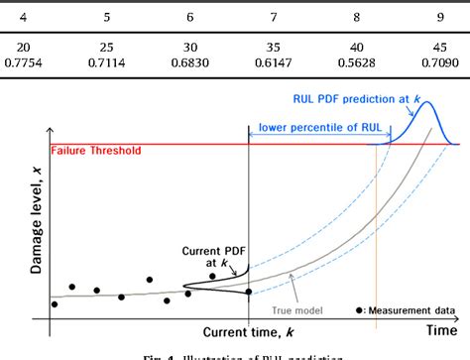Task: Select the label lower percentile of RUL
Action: click(x=315, y=128)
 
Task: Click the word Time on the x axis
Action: click(x=441, y=330)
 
